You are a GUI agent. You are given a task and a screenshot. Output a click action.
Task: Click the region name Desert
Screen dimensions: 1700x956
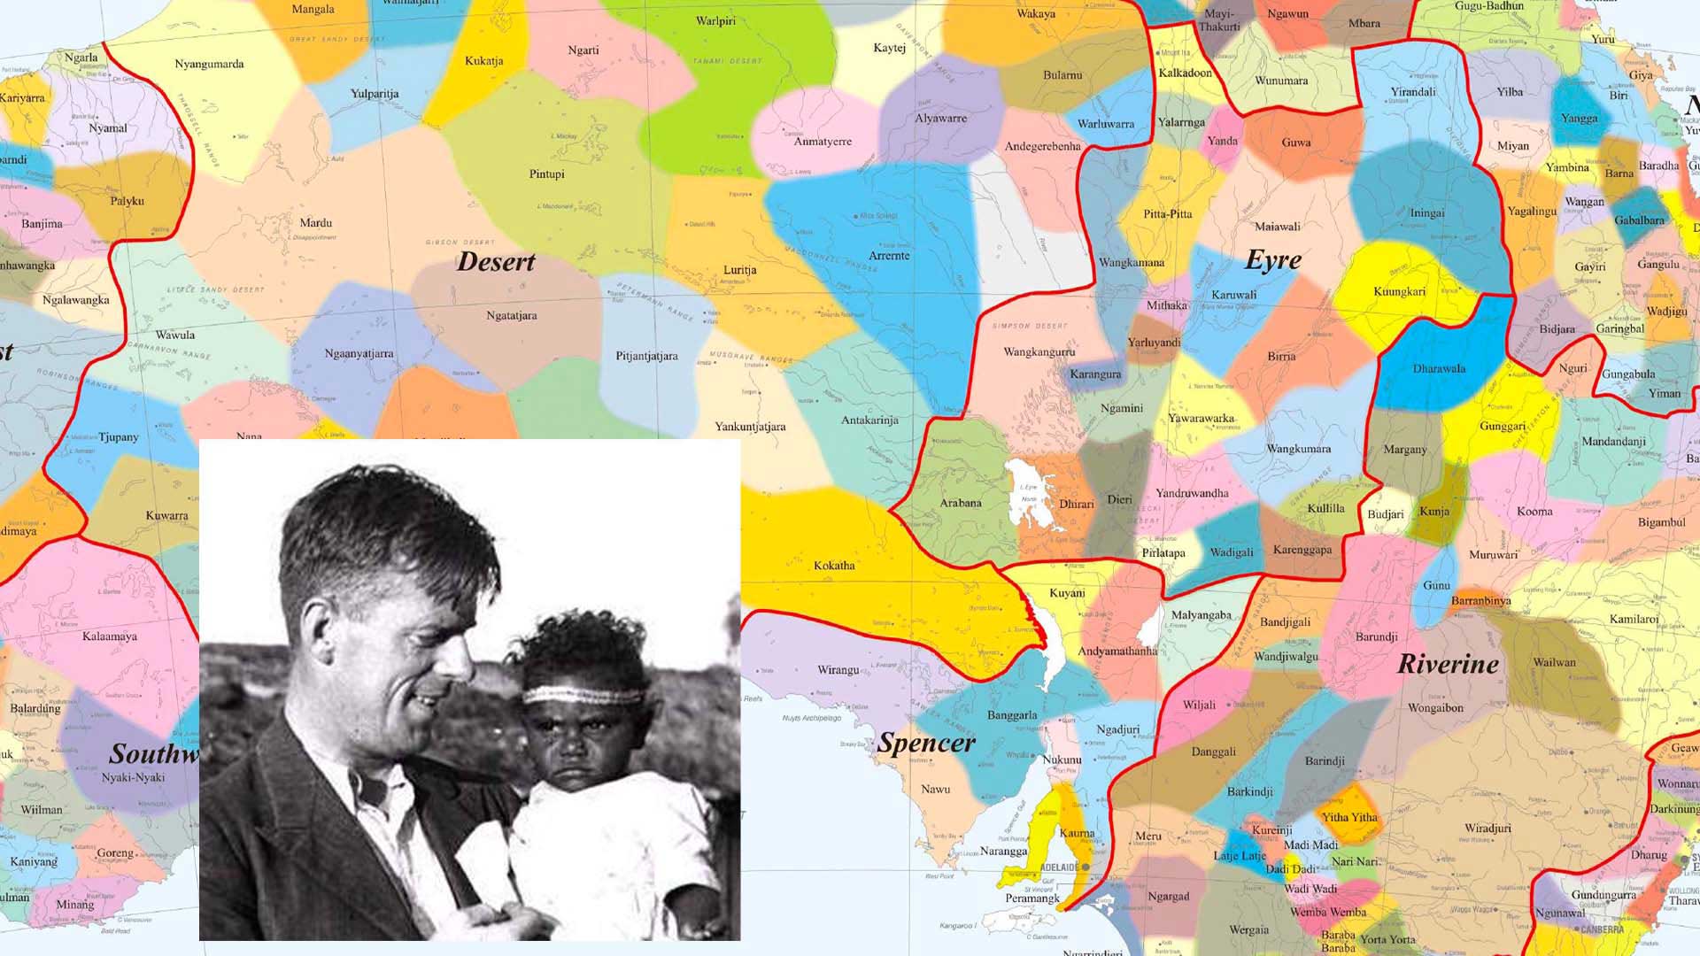click(496, 262)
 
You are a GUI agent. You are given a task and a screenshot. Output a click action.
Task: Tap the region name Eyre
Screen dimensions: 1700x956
click(1273, 260)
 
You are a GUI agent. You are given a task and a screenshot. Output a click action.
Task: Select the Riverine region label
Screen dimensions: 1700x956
click(1448, 664)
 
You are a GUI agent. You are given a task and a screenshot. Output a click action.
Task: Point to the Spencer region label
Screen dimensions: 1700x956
click(926, 744)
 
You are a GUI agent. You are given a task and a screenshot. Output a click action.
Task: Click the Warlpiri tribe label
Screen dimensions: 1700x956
click(715, 21)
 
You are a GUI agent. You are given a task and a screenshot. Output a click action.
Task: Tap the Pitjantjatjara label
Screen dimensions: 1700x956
click(646, 356)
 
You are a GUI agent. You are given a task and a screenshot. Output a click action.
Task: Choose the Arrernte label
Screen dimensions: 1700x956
click(889, 256)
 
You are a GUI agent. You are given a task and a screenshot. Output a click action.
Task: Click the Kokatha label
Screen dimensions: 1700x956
click(834, 566)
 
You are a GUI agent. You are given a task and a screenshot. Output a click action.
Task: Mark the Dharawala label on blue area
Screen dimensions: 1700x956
click(1439, 369)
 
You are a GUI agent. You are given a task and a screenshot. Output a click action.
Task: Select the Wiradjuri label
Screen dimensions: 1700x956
click(1487, 829)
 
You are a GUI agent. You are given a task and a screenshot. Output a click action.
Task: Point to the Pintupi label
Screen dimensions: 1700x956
click(546, 174)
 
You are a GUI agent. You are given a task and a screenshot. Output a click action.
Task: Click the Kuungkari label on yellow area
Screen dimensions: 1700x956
click(1399, 292)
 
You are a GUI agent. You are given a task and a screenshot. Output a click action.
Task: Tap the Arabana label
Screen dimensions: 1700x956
click(961, 503)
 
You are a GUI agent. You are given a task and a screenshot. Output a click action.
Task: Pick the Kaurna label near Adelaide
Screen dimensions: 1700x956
click(1077, 833)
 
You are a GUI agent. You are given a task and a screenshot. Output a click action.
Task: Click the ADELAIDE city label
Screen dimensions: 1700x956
click(1059, 867)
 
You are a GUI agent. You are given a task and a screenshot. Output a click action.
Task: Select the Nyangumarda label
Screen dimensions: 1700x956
click(209, 64)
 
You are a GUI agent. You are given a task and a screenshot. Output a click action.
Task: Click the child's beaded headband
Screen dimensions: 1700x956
click(583, 695)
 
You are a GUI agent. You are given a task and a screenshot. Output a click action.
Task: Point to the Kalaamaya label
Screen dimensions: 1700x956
click(110, 636)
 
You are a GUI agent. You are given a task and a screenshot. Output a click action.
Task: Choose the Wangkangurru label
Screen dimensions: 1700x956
click(1039, 352)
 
